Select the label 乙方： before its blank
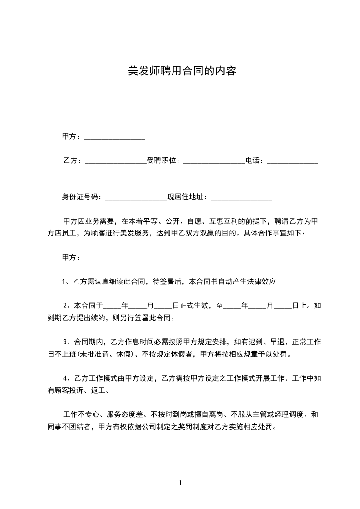pyautogui.click(x=73, y=161)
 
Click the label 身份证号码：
pyautogui.click(x=83, y=197)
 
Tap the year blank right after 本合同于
pyautogui.click(x=113, y=307)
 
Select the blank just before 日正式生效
pyautogui.click(x=164, y=307)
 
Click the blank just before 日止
pyautogui.click(x=283, y=307)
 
